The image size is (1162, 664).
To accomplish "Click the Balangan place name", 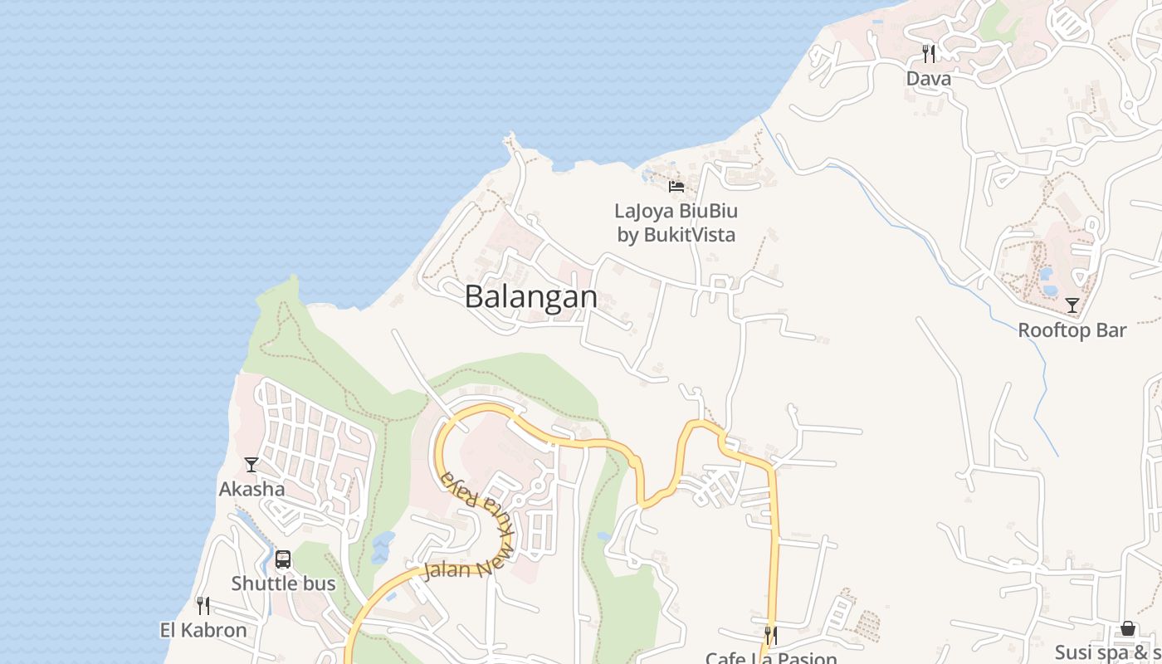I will click(x=530, y=296).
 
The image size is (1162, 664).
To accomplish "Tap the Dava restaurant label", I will click(x=928, y=79).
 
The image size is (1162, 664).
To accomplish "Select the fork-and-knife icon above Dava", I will click(x=929, y=54).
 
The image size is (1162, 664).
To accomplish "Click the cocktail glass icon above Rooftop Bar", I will click(x=1072, y=305).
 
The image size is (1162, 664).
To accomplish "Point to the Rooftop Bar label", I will click(x=1072, y=330).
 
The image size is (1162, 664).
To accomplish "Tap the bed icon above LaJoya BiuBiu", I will click(x=676, y=186).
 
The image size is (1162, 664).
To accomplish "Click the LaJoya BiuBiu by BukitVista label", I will click(x=676, y=222).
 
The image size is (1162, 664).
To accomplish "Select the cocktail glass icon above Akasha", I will click(x=251, y=465).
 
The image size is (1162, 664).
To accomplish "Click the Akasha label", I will click(x=251, y=489).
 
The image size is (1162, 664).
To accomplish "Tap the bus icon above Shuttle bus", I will click(x=283, y=559).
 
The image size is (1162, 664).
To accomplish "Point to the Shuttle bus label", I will click(x=283, y=583).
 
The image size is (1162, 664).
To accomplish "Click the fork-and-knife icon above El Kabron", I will click(x=203, y=606).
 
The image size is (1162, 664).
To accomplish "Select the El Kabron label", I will click(x=203, y=630).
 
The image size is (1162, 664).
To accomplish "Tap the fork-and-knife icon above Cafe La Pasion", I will click(x=771, y=636).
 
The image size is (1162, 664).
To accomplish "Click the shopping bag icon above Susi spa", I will click(x=1128, y=628).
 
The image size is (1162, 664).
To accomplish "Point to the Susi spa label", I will click(x=1107, y=652).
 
